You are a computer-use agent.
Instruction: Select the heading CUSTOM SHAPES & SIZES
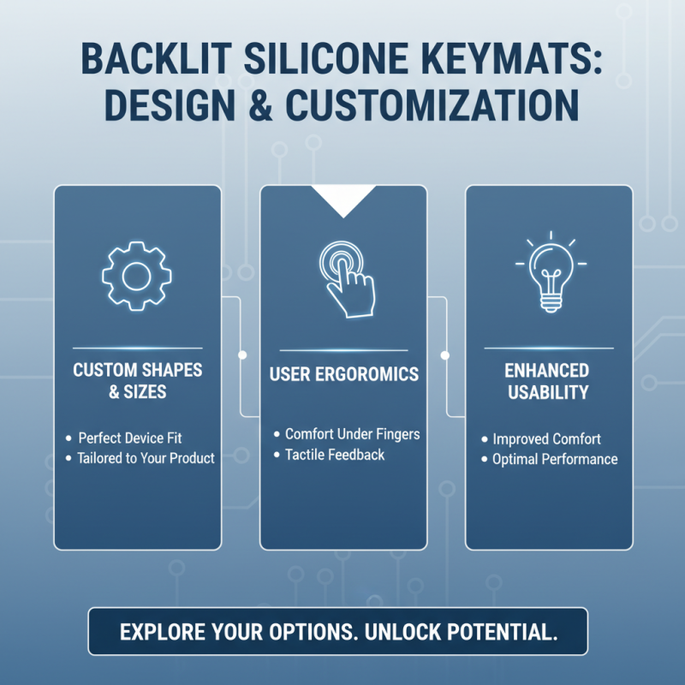tap(137, 382)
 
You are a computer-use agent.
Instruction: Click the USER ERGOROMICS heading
tap(343, 375)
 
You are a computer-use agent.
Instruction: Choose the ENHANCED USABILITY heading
tap(548, 382)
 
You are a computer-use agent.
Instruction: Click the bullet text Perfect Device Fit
tap(130, 438)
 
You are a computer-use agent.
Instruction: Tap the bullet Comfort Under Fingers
tap(352, 434)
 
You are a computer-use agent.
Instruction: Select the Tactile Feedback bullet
tap(335, 455)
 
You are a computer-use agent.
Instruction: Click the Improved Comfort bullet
tap(546, 439)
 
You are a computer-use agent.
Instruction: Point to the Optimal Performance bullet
tap(555, 460)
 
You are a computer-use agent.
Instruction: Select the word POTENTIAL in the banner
tap(508, 632)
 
